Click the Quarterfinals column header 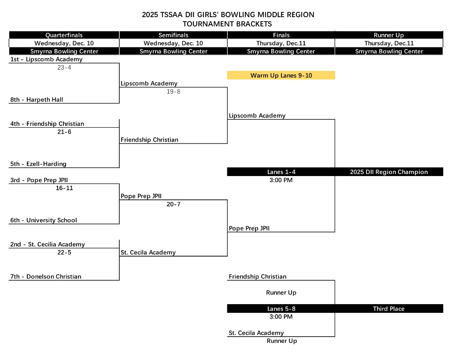[64, 35]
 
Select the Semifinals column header [173, 35]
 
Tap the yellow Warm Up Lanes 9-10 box [281, 75]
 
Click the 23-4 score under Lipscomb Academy [64, 68]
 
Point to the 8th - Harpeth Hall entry [37, 99]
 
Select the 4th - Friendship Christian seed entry [47, 124]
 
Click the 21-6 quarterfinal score [64, 132]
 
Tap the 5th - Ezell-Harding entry [38, 164]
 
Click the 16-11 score [64, 187]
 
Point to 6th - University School [44, 220]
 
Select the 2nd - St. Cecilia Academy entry [48, 244]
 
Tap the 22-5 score [64, 253]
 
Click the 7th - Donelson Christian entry [46, 276]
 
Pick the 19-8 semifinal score [173, 92]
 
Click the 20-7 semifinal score [173, 204]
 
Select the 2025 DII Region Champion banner [389, 172]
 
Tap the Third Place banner [389, 309]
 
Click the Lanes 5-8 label [281, 309]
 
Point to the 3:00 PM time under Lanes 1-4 [281, 180]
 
